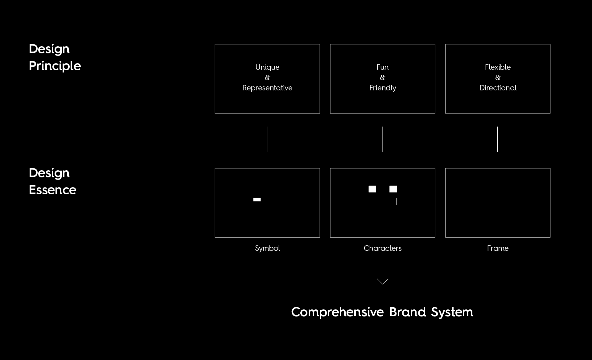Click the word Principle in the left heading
[x=55, y=66]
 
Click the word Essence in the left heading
[x=52, y=190]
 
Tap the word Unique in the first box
[x=267, y=67]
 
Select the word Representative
[x=267, y=88]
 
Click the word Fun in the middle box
[x=382, y=67]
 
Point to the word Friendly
[x=383, y=88]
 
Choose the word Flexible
[x=498, y=67]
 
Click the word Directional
[x=498, y=88]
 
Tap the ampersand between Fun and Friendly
[x=383, y=77]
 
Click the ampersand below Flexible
[x=498, y=77]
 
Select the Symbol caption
[x=267, y=248]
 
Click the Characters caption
[x=383, y=248]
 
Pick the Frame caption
[x=498, y=248]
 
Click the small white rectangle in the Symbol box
[x=257, y=200]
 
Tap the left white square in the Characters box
[x=372, y=189]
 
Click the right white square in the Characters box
[x=393, y=189]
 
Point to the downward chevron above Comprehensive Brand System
[x=383, y=281]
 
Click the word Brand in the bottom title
[x=408, y=312]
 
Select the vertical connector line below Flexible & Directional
[x=497, y=139]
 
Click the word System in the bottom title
[x=452, y=312]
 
